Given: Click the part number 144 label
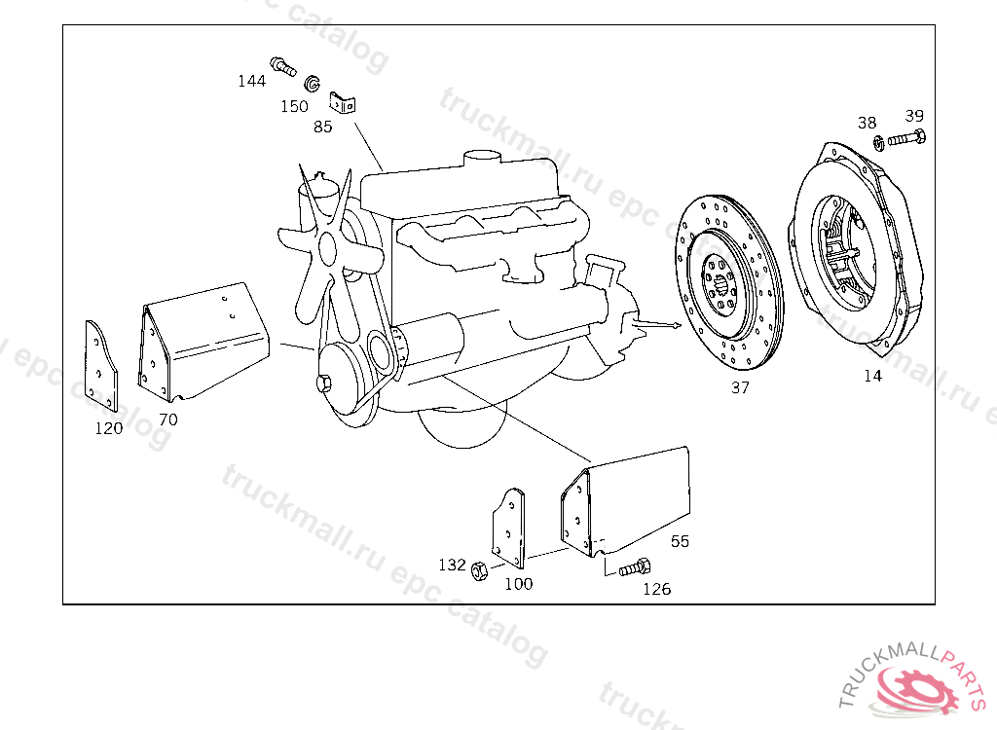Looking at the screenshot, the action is (x=252, y=81).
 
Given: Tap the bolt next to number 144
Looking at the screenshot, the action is (x=283, y=66).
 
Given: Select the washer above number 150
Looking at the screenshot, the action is (x=312, y=84).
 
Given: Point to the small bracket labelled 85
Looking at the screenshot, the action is (x=342, y=102).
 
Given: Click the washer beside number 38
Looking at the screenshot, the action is (x=879, y=144).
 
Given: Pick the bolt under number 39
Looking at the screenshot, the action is (x=906, y=137).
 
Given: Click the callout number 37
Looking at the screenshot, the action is (x=740, y=387).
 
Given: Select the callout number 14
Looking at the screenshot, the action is (x=872, y=376).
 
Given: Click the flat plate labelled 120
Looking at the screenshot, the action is (x=101, y=367).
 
